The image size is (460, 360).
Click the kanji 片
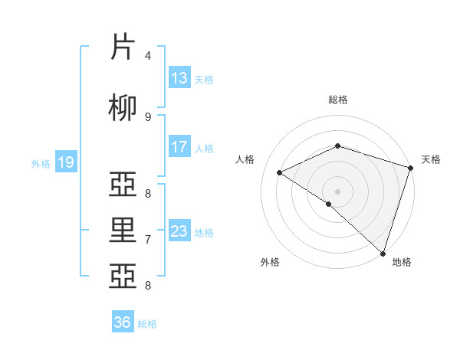click(x=124, y=47)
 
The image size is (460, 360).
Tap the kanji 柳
click(x=124, y=108)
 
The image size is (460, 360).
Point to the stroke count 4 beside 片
click(x=148, y=55)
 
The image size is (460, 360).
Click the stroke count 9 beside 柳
click(x=148, y=116)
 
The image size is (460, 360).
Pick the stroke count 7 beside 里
click(x=148, y=240)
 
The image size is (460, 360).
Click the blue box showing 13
click(x=179, y=78)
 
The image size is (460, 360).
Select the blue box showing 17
click(x=179, y=147)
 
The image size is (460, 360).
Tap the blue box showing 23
click(x=179, y=231)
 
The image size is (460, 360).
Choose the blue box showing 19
click(x=66, y=162)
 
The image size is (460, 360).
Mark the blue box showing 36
click(x=123, y=322)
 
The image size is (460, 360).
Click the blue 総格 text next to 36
click(x=147, y=324)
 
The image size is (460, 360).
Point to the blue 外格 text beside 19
click(x=41, y=163)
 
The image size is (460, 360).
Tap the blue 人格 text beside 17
click(x=204, y=148)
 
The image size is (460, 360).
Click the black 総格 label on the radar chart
click(x=338, y=100)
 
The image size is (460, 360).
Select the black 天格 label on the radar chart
click(x=431, y=159)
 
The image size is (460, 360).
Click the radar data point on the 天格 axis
click(x=411, y=167)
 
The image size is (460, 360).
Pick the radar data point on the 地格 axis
click(x=383, y=253)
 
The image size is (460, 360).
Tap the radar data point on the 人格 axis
click(x=280, y=172)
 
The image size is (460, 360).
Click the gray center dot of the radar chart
click(x=337, y=191)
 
